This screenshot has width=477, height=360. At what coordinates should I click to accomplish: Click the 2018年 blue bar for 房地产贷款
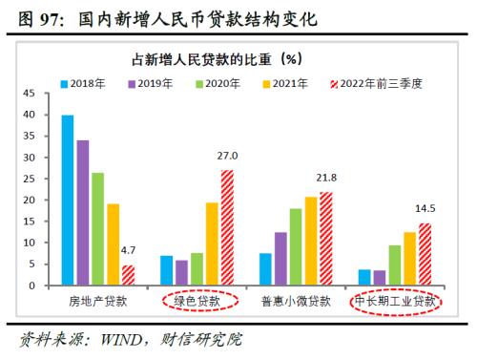click(68, 201)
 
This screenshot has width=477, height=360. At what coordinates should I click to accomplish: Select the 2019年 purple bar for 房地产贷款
click(83, 213)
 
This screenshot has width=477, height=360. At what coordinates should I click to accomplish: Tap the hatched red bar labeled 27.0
click(226, 227)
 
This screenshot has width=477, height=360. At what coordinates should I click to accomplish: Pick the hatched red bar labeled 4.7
click(128, 276)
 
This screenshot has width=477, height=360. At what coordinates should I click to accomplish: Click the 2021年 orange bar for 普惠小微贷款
click(310, 241)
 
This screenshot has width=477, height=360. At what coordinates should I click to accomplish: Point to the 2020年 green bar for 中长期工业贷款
click(394, 265)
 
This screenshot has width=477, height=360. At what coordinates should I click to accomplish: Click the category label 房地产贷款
click(95, 303)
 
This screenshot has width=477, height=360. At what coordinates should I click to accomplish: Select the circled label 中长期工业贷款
click(395, 303)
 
